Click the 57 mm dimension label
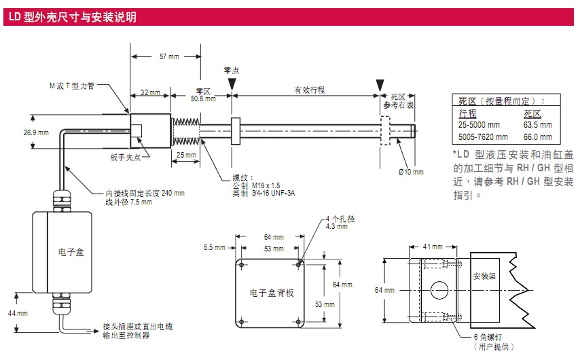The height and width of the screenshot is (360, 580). point(169,56)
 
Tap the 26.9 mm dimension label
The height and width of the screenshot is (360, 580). point(36,132)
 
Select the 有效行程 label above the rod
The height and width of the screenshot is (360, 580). point(309,90)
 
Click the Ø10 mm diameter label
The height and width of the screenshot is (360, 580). point(411,171)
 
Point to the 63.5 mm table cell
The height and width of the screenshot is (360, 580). point(537,125)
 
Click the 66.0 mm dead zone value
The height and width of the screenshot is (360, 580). point(537,137)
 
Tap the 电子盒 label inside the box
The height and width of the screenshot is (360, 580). point(71,252)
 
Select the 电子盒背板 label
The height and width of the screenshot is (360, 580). point(272,293)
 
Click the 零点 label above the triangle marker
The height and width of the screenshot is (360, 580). point(232,70)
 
